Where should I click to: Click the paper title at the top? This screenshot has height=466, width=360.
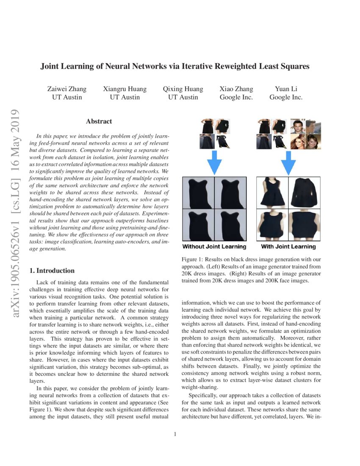click(175, 67)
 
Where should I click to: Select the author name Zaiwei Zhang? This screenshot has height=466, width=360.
click(67, 89)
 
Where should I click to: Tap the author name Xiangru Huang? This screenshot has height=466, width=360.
click(125, 89)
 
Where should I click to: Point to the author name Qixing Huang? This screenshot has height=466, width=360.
click(183, 89)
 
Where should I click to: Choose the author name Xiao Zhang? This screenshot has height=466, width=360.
click(236, 89)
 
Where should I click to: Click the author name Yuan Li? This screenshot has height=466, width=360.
click(286, 89)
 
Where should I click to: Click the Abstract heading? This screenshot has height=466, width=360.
click(99, 121)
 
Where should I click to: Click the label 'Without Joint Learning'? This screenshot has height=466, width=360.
click(214, 247)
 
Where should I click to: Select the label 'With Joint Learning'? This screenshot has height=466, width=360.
click(288, 247)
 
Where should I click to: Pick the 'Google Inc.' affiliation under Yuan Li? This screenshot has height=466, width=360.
click(286, 97)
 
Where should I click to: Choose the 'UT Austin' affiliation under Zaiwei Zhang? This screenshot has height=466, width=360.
click(67, 97)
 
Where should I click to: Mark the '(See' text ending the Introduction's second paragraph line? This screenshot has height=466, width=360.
click(163, 402)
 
